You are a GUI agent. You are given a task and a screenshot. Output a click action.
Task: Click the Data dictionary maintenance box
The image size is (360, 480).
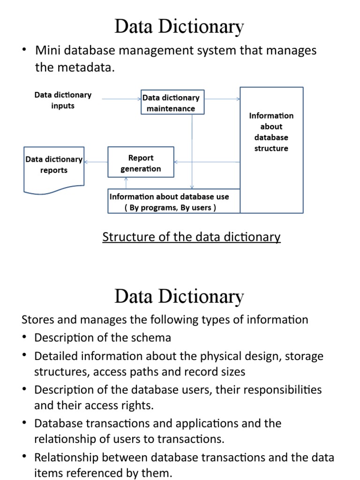point(172,103)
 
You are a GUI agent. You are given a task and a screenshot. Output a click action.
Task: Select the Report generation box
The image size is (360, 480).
point(141,163)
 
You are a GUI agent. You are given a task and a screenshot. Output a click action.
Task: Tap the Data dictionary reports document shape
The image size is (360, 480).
point(53,168)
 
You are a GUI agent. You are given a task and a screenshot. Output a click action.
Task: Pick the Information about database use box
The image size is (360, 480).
point(174,202)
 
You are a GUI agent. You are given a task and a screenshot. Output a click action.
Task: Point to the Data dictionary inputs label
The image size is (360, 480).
point(63,100)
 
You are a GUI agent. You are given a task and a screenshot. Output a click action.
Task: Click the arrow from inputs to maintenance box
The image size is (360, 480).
point(121,99)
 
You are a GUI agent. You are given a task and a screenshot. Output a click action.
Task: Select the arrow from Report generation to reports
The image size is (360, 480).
point(96,162)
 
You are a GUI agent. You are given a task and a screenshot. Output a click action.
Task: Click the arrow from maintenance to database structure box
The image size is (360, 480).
point(222,99)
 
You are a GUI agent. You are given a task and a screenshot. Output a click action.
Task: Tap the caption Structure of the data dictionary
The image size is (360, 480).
point(191,237)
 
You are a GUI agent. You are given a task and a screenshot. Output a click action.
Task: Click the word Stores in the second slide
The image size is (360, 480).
point(37,320)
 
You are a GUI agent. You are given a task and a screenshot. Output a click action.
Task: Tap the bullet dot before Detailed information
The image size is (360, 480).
point(25,356)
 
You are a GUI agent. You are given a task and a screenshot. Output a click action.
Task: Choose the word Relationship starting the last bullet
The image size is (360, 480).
point(66,457)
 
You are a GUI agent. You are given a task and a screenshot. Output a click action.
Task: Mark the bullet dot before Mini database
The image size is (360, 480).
point(25,50)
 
